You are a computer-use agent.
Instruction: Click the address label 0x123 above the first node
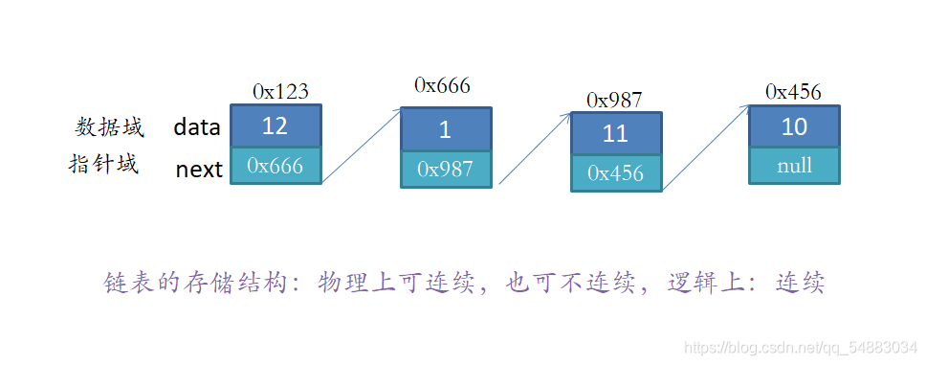[x=280, y=92]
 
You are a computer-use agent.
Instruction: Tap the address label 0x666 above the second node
[x=442, y=86]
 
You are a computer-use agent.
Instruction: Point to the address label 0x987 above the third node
[x=614, y=101]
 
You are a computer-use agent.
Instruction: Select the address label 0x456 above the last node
[x=793, y=92]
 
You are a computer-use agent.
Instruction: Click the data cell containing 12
[x=276, y=126]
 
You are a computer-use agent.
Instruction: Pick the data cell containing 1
[x=446, y=129]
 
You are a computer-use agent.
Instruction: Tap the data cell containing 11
[x=616, y=134]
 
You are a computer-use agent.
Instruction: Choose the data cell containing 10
[x=794, y=126]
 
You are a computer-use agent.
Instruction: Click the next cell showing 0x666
[x=276, y=166]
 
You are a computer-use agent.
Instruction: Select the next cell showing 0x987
[x=446, y=170]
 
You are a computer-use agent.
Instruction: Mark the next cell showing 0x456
[x=616, y=173]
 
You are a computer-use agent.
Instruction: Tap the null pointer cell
[x=794, y=166]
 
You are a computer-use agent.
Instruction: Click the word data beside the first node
[x=197, y=126]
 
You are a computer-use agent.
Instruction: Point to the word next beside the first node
[x=200, y=171]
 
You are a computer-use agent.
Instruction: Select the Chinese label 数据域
[x=109, y=126]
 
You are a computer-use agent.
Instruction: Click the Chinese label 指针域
[x=104, y=164]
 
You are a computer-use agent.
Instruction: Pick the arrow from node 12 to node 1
[x=362, y=146]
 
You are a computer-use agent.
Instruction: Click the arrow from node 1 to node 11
[x=535, y=148]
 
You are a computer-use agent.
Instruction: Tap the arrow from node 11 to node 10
[x=706, y=148]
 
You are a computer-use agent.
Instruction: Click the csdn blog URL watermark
[x=801, y=348]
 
